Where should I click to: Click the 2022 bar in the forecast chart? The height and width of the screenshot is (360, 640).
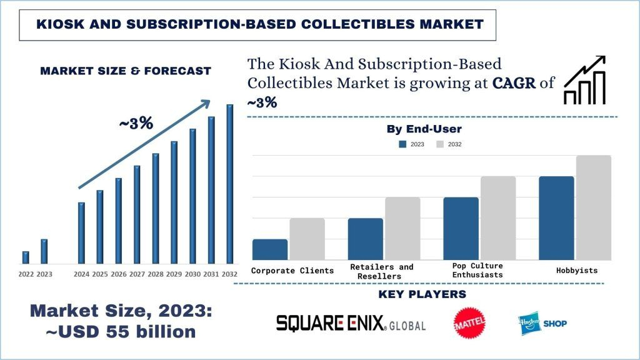point(26,257)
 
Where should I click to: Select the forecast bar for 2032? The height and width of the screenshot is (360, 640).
point(229,184)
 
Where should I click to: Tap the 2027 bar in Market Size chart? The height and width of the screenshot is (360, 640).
point(137,214)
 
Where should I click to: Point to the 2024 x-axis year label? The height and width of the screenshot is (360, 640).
point(81,274)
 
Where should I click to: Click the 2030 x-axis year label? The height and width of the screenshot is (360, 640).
point(192,274)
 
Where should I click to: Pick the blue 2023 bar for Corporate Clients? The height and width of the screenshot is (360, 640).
point(270,249)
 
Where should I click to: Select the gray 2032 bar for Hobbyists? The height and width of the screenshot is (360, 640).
point(593,207)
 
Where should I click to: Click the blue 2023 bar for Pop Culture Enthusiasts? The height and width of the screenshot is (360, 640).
point(461,228)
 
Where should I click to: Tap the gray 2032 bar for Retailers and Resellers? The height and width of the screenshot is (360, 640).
point(402,228)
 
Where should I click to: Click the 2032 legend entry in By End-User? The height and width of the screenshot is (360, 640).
point(449,144)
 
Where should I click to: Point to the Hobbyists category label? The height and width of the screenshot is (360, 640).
point(576,271)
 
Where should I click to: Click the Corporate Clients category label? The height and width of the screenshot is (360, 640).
point(292,271)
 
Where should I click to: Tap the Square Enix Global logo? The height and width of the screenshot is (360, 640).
point(351,322)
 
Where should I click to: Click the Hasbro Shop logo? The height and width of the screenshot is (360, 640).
point(542,323)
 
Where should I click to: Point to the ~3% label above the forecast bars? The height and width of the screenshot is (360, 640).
point(136,123)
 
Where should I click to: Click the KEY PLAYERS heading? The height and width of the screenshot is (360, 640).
point(422,294)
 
